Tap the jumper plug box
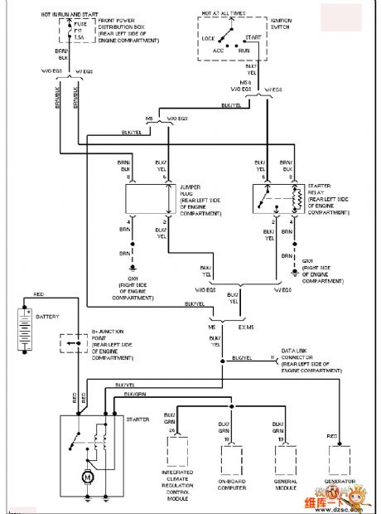(x=147, y=200)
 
